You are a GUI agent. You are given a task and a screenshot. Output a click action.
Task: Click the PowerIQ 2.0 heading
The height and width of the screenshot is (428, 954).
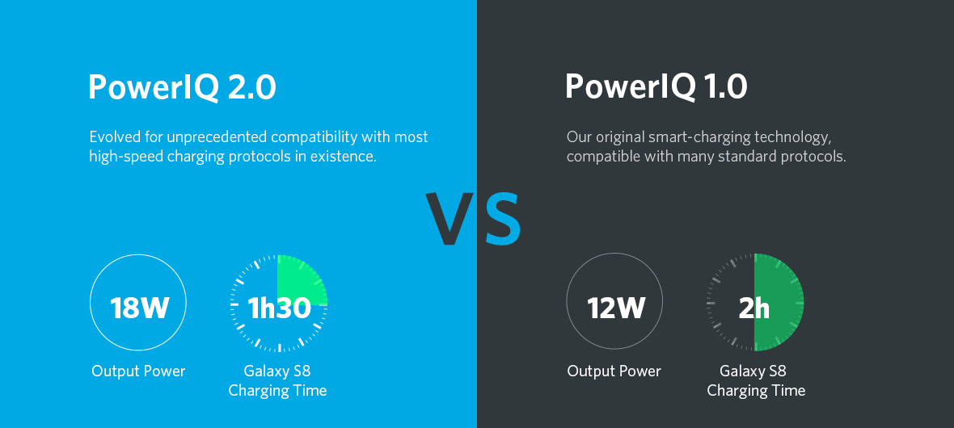tap(182, 87)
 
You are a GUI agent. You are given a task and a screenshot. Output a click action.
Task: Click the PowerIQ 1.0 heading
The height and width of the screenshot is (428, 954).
tap(656, 86)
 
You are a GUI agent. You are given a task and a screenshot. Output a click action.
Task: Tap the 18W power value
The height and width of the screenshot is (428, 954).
tap(139, 308)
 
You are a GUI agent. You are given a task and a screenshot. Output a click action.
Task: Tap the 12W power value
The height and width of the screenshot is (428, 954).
tap(616, 308)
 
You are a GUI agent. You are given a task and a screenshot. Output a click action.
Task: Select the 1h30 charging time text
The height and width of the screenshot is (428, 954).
tap(279, 308)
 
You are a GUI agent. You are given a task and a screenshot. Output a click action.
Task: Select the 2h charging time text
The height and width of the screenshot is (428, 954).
tap(753, 308)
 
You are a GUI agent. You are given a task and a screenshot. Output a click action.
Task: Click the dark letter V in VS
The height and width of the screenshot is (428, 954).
tap(451, 218)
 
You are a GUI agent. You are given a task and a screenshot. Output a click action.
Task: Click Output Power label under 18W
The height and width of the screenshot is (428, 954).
tap(139, 371)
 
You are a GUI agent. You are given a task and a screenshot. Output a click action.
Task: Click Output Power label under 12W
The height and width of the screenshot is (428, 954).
tap(614, 371)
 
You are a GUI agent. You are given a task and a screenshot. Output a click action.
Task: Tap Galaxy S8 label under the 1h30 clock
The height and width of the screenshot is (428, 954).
tap(277, 371)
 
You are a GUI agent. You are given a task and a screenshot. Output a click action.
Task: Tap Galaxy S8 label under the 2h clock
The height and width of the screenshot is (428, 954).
tap(753, 371)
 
